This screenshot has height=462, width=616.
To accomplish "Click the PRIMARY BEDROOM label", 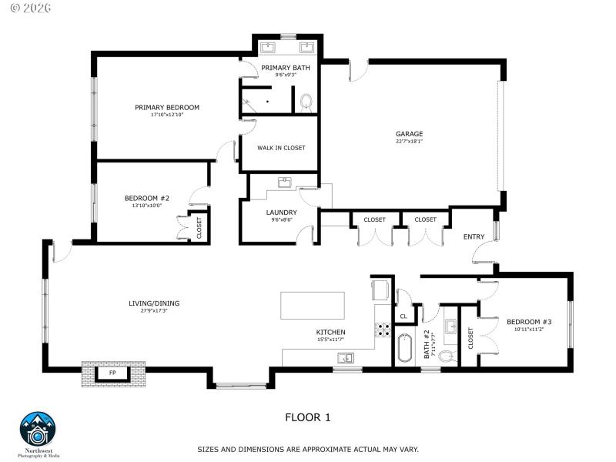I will (x=167, y=107).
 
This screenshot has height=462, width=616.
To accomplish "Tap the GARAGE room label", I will (x=409, y=134).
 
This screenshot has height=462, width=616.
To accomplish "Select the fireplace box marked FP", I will (x=112, y=373).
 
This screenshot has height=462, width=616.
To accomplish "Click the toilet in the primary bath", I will (x=306, y=102).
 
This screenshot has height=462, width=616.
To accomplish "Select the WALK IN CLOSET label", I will (x=281, y=148).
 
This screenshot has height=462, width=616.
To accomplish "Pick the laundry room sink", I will (x=285, y=182).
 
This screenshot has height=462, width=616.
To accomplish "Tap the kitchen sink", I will (x=346, y=357).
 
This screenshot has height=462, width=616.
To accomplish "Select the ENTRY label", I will (x=474, y=236).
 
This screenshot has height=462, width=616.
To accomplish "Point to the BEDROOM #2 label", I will (x=146, y=198).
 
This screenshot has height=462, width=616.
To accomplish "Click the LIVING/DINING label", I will (x=154, y=303).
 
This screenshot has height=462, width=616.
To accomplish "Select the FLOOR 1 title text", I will (x=308, y=418).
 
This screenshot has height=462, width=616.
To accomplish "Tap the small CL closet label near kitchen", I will (x=403, y=316).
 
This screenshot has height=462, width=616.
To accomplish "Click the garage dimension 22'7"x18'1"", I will (x=409, y=142).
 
